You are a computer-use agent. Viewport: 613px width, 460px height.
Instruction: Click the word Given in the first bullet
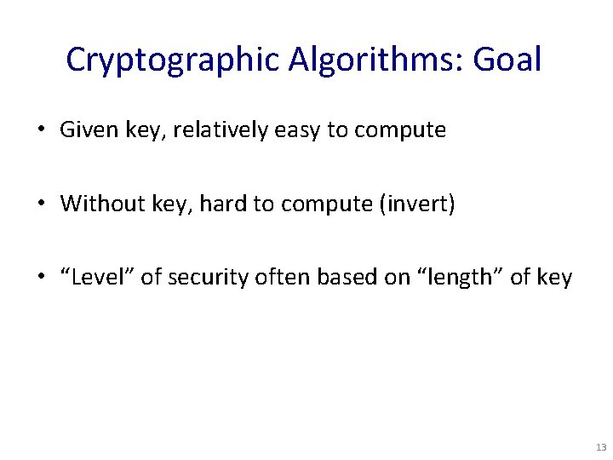(x=83, y=130)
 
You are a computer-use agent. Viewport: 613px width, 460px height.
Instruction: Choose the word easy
(x=285, y=130)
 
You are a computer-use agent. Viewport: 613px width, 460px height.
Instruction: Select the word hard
(x=221, y=204)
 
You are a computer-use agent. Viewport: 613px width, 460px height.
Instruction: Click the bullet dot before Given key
(x=42, y=131)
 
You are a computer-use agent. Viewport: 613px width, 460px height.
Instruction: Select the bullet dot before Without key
(x=42, y=204)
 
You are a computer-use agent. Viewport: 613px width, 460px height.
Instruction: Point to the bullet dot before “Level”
(x=42, y=278)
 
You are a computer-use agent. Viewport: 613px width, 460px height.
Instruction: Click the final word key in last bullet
(x=556, y=278)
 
